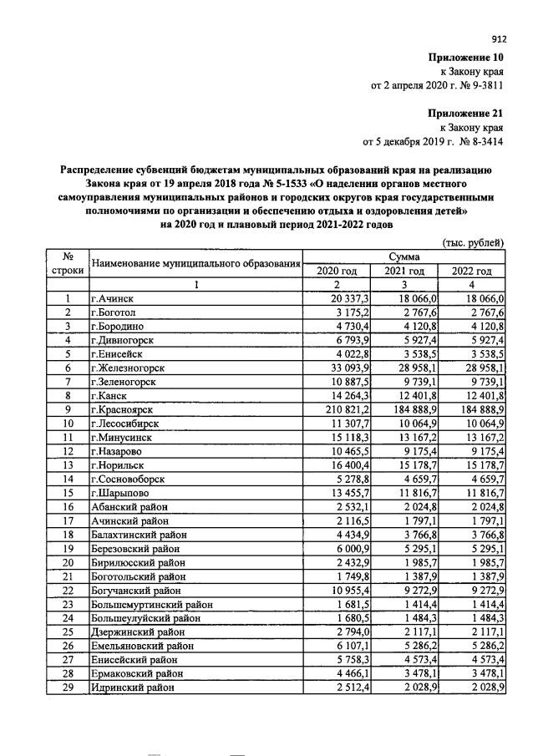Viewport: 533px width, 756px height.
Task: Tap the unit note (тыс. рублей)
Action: point(474,243)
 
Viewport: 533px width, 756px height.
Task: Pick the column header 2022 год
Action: point(472,271)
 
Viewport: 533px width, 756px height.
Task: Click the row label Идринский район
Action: point(133,687)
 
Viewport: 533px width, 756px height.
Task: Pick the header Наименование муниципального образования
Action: point(195,264)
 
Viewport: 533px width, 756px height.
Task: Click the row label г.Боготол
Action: point(116,312)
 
